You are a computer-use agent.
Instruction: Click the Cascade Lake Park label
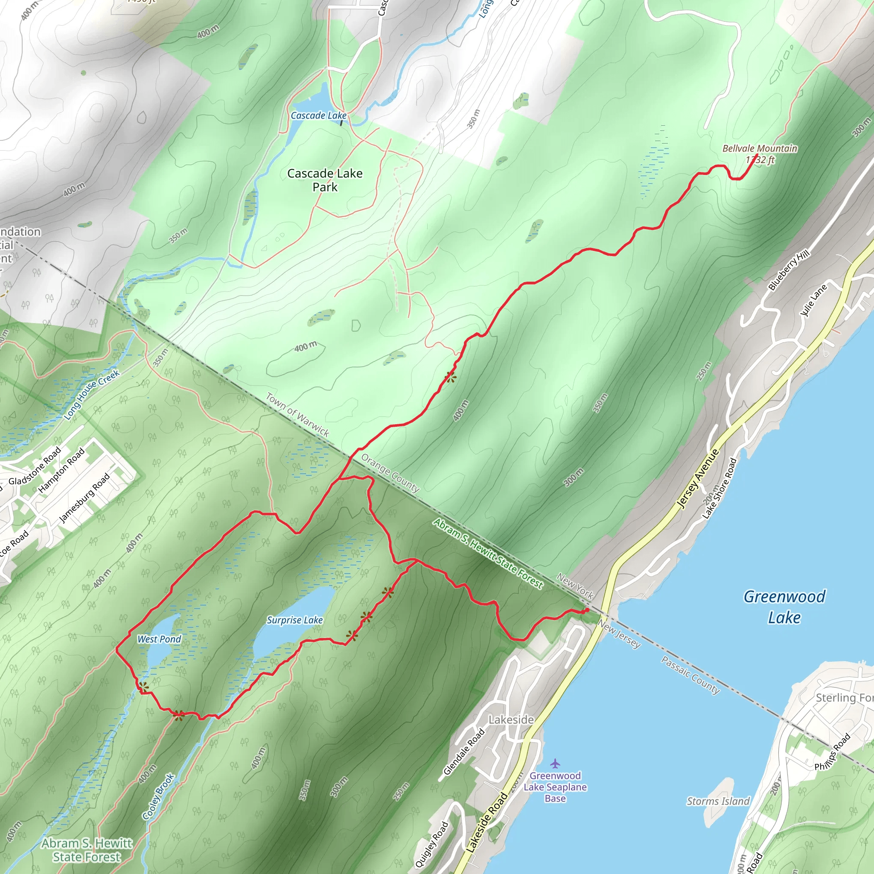click(325, 180)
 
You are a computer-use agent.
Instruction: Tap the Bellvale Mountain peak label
click(760, 154)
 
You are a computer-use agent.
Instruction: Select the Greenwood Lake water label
click(785, 607)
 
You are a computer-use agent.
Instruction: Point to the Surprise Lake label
click(294, 620)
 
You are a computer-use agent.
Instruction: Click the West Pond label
click(159, 639)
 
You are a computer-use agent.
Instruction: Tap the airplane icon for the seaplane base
click(555, 764)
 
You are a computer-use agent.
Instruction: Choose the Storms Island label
click(718, 801)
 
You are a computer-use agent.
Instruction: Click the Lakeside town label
click(511, 719)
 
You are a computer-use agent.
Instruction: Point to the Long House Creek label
click(92, 394)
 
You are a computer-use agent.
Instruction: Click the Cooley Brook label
click(158, 797)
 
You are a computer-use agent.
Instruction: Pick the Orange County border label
click(390, 473)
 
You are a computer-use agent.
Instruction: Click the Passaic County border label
click(690, 675)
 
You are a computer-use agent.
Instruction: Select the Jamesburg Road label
click(84, 498)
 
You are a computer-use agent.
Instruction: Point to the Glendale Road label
click(464, 752)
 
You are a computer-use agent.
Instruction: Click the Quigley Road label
click(431, 844)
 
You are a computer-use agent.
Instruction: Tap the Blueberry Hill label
click(789, 270)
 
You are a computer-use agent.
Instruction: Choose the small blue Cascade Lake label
click(318, 116)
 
